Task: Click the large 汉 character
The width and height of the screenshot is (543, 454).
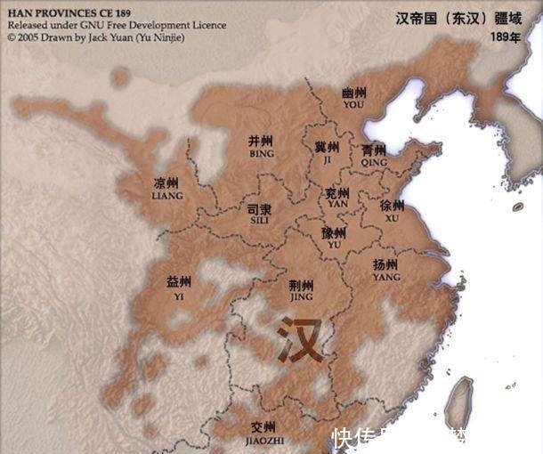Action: (299, 339)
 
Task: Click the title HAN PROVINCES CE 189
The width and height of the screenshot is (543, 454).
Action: (69, 14)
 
